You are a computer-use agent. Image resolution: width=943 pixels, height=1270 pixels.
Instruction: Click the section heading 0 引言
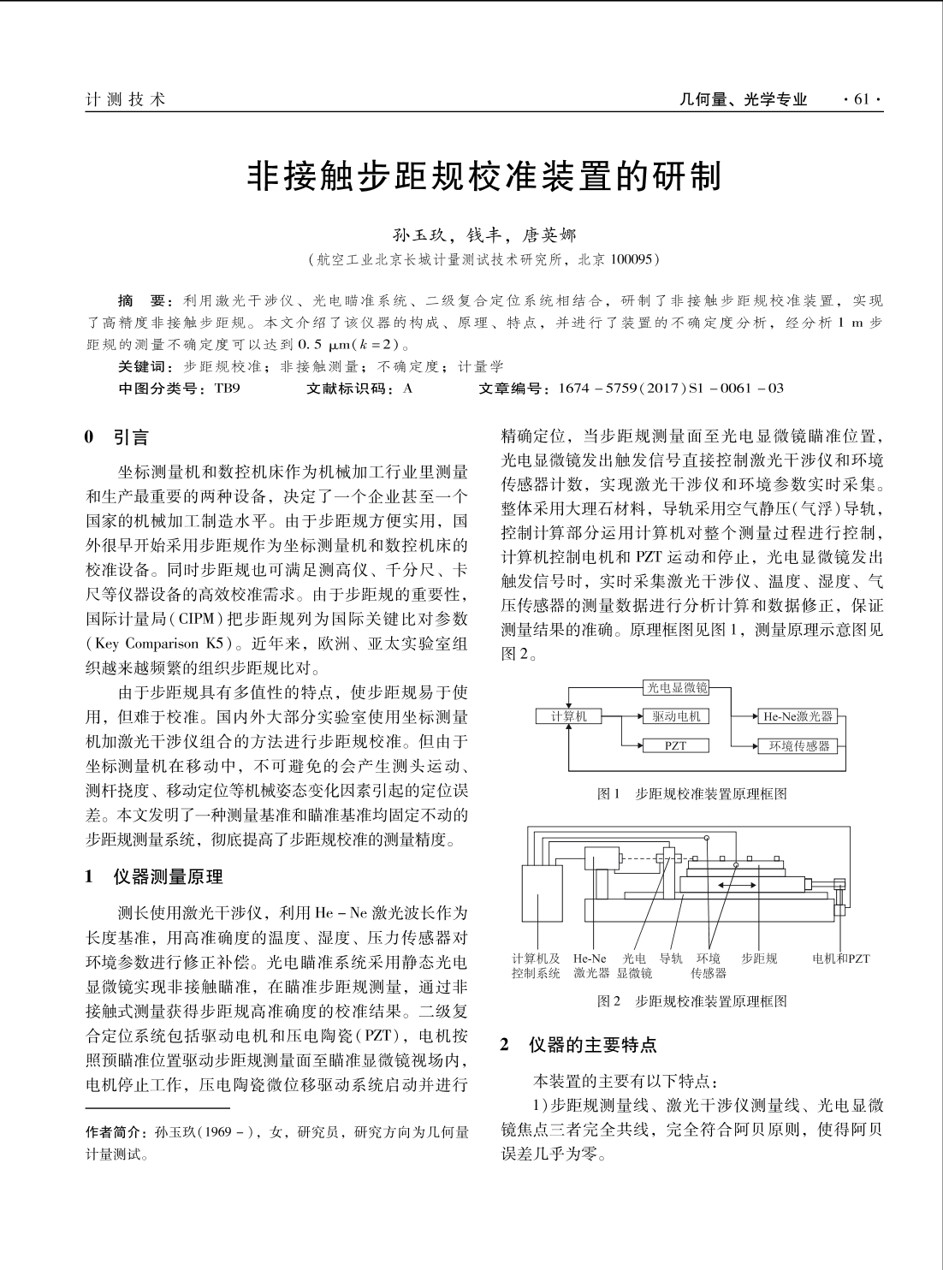(117, 439)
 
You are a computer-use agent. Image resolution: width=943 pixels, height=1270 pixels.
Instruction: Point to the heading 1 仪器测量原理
(154, 876)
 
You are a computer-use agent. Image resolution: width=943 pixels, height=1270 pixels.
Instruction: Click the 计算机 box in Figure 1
(568, 716)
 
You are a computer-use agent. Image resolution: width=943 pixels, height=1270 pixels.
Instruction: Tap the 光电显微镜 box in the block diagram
(676, 687)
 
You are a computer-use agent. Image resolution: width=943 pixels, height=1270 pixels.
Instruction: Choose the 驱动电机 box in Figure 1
(676, 716)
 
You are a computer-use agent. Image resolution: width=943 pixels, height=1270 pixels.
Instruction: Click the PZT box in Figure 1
(676, 745)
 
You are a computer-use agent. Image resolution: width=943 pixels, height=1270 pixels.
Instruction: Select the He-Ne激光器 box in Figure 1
(798, 716)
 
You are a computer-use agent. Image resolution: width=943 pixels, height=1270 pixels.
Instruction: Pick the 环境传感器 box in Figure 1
(798, 745)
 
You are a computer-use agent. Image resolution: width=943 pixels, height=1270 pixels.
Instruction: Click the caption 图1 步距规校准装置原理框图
(691, 793)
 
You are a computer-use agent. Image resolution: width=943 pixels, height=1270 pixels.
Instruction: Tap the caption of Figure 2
(691, 1000)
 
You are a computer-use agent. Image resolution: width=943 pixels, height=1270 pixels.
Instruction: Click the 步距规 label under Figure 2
(759, 958)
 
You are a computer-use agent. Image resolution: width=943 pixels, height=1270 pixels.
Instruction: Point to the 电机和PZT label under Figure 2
(840, 958)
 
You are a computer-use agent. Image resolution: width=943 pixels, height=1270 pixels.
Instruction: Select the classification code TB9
(227, 389)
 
